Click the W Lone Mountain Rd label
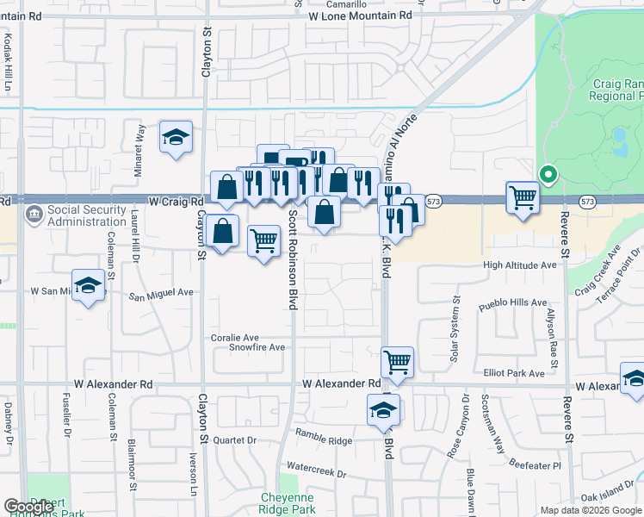pyautogui.click(x=360, y=15)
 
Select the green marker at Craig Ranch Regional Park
pyautogui.click(x=547, y=175)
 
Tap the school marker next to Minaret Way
pyautogui.click(x=176, y=137)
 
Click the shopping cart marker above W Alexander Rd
pyautogui.click(x=397, y=362)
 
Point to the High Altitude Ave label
pyautogui.click(x=520, y=265)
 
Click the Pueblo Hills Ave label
pyautogui.click(x=515, y=304)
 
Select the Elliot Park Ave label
pyautogui.click(x=515, y=373)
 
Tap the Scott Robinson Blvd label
pyautogui.click(x=294, y=259)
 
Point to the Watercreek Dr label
pyautogui.click(x=316, y=474)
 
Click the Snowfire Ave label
pyautogui.click(x=257, y=347)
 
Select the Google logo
pyautogui.click(x=25, y=507)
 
